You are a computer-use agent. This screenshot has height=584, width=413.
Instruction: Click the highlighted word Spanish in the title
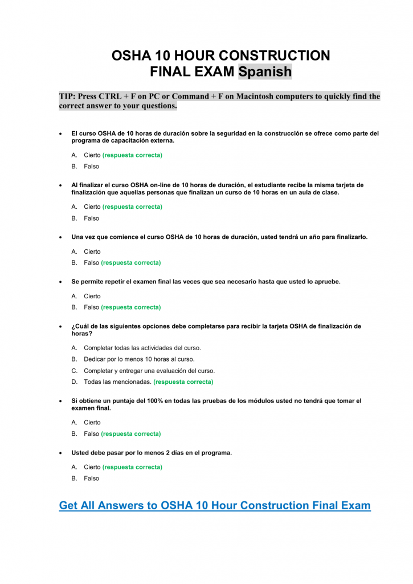pos(265,72)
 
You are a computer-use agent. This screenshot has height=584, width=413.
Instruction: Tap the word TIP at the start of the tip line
pos(67,96)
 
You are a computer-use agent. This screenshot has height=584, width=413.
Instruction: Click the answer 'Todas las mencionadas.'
pos(117,382)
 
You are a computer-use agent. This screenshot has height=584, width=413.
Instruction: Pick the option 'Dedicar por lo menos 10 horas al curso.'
pos(139,359)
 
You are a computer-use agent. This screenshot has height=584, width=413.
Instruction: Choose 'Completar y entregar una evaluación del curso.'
pos(149,371)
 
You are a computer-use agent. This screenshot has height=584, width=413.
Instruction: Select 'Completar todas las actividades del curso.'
pos(142,347)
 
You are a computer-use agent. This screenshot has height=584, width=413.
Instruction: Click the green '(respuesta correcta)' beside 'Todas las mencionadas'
pos(183,382)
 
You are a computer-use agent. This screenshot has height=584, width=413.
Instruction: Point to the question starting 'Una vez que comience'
pos(219,237)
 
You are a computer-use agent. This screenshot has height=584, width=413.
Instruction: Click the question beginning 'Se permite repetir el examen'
pos(206,282)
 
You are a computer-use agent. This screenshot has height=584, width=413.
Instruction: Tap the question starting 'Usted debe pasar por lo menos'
pos(152,453)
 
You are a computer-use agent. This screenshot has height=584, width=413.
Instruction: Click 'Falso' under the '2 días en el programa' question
pos(91,478)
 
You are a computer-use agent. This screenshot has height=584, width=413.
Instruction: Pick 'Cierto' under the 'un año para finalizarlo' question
pos(92,252)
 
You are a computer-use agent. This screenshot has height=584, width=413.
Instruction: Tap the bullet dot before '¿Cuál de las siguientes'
pos(61,327)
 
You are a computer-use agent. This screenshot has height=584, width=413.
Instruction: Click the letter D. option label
pos(74,382)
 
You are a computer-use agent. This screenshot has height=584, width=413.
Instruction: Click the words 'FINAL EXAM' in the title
pos(192,72)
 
